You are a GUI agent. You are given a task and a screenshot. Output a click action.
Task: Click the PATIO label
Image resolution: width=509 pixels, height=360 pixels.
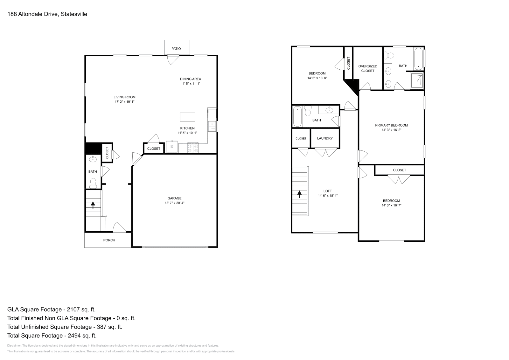click(176, 49)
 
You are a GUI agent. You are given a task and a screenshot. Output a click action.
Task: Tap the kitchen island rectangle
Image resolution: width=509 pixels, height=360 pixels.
click(187, 117)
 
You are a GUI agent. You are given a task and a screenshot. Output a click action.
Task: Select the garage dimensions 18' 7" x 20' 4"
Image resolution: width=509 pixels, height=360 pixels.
click(174, 203)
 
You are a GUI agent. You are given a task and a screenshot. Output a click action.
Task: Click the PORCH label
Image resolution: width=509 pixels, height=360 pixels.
click(109, 240)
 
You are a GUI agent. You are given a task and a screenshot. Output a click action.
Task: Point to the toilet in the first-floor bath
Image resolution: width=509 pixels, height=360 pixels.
click(93, 183)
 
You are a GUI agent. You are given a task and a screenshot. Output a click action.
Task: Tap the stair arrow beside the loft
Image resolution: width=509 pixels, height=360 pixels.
click(300, 194)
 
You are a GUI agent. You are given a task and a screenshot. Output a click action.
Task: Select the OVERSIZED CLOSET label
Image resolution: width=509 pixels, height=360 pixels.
click(368, 68)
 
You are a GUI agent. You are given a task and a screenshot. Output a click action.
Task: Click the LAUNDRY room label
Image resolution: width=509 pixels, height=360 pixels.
click(325, 138)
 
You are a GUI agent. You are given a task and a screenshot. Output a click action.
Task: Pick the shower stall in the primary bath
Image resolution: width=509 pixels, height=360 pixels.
click(417, 81)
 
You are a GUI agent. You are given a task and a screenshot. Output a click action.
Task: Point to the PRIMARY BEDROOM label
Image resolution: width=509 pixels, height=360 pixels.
click(391, 125)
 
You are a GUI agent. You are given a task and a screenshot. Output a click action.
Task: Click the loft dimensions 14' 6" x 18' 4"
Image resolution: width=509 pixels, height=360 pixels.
click(328, 196)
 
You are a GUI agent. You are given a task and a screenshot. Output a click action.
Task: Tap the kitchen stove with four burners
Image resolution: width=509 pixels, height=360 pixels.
click(192, 148)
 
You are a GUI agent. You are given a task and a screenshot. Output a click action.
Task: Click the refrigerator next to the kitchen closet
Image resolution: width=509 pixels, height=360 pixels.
click(172, 147)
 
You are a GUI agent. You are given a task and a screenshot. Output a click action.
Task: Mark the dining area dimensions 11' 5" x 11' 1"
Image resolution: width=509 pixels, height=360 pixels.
click(191, 84)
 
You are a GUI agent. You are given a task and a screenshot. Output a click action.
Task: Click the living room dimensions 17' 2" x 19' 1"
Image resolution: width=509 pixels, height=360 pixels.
click(125, 102)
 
